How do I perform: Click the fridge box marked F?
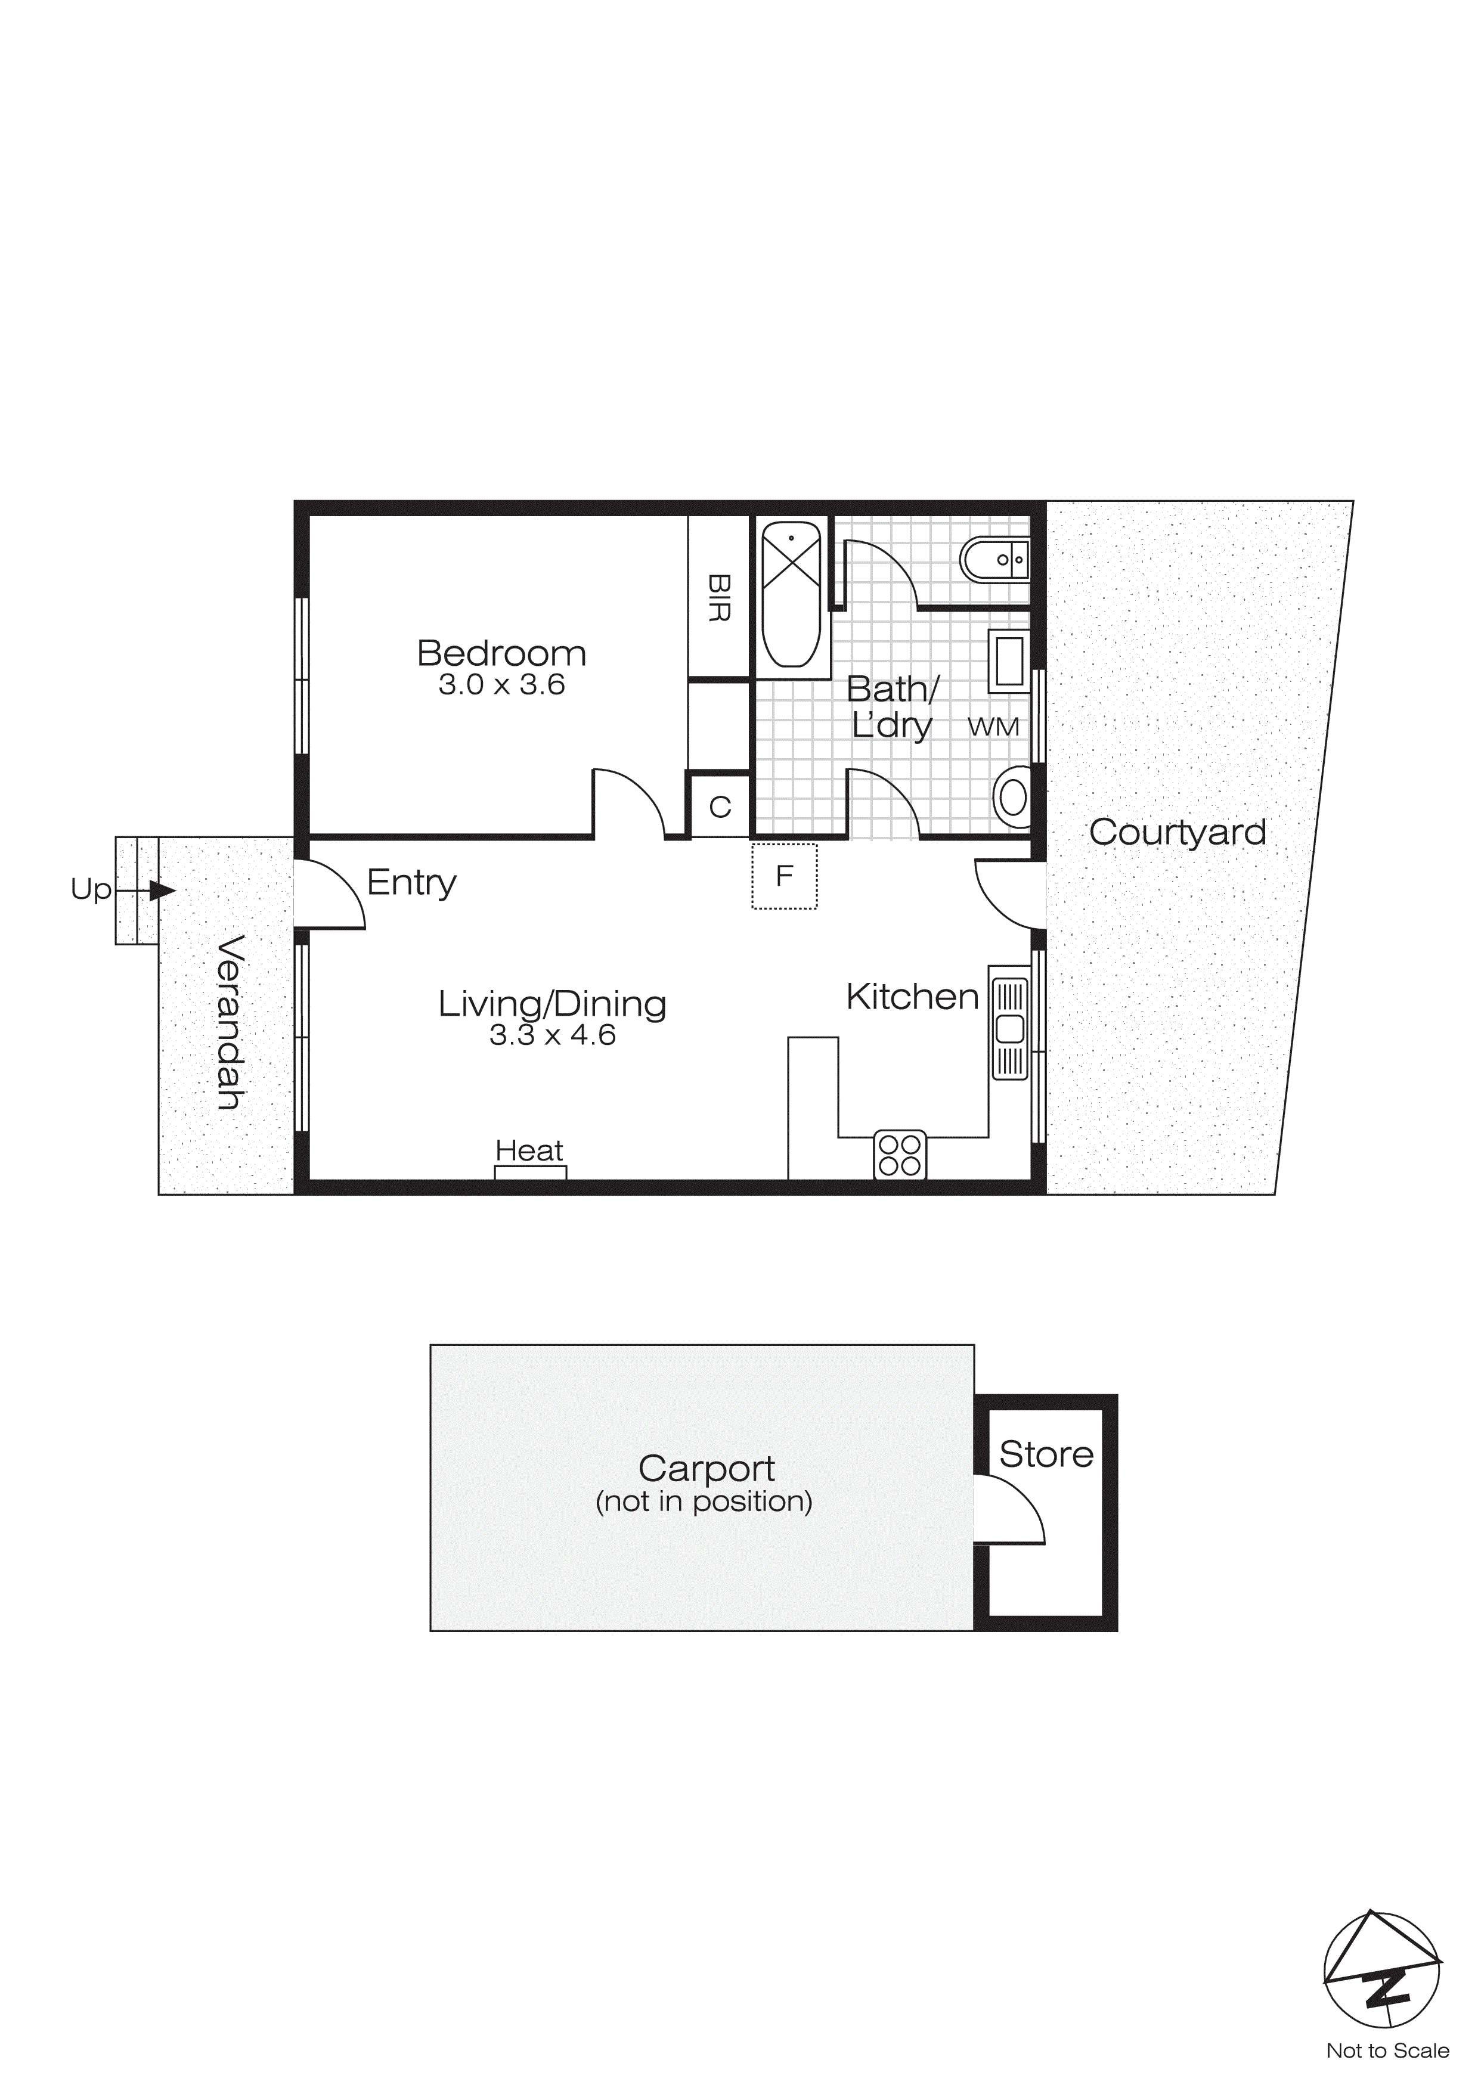(784, 876)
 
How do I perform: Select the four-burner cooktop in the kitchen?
(900, 1155)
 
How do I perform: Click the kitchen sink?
(1009, 1029)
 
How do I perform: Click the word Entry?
(411, 883)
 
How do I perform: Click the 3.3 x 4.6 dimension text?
(552, 1035)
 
